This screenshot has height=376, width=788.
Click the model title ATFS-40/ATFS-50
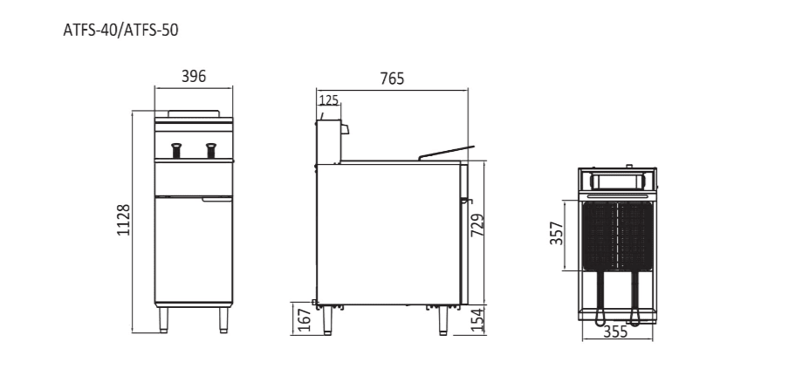[121, 30]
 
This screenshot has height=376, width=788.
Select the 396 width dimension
[193, 77]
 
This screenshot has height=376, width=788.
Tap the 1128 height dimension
[124, 220]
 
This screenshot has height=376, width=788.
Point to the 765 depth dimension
[392, 79]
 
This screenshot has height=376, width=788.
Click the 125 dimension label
[328, 100]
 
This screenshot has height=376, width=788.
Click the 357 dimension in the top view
[556, 235]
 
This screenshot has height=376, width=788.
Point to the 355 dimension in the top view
[617, 332]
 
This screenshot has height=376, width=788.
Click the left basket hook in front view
[175, 150]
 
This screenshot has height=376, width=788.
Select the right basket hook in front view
[210, 150]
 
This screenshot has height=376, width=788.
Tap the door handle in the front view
[217, 199]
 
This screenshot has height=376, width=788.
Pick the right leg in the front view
[223, 320]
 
